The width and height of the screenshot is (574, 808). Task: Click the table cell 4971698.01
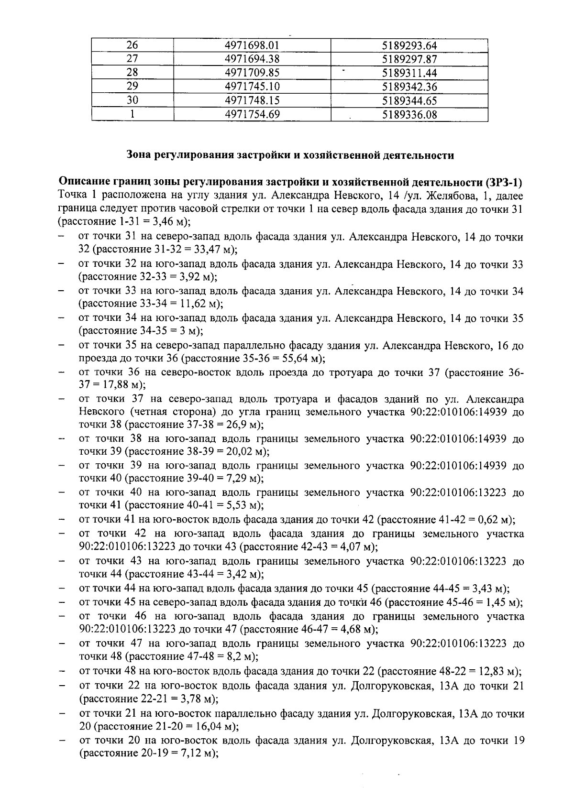(x=252, y=46)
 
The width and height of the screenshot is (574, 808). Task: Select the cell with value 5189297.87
(x=410, y=60)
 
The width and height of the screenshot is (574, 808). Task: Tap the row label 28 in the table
(x=132, y=73)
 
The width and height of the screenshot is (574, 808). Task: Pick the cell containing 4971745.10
(x=252, y=87)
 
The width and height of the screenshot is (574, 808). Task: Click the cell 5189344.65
(x=410, y=101)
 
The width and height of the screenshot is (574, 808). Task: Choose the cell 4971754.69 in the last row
(x=252, y=115)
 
